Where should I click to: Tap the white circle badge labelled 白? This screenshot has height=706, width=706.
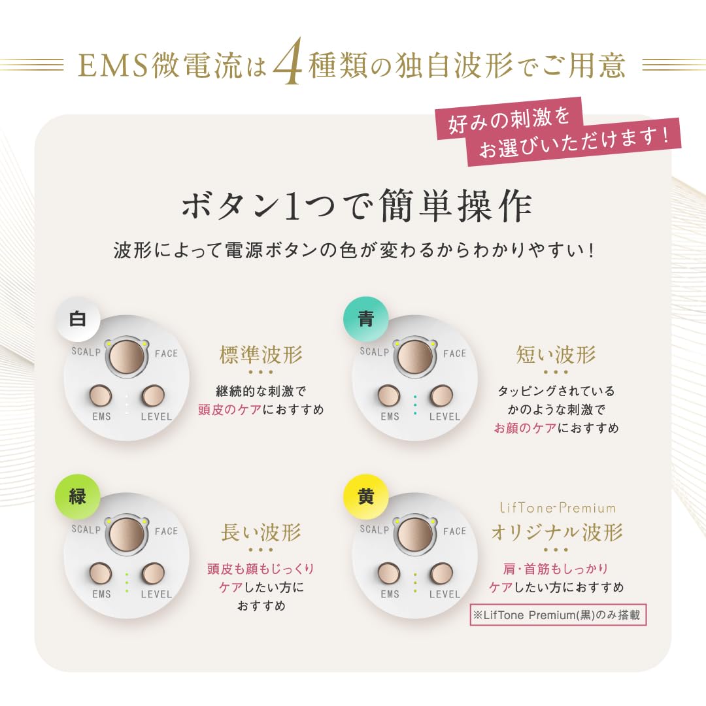click(x=78, y=319)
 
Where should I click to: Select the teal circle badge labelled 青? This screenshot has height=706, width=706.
click(x=366, y=319)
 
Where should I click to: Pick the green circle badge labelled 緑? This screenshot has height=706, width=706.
click(x=78, y=497)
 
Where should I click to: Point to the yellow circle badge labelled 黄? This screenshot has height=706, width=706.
click(x=366, y=497)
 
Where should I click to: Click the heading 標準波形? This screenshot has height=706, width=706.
click(x=261, y=355)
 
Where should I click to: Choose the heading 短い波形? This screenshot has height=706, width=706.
click(x=556, y=355)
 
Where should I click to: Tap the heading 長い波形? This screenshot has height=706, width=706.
click(x=261, y=532)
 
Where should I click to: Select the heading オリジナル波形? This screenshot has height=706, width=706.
click(x=556, y=532)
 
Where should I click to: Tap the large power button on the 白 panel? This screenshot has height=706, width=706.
click(x=126, y=356)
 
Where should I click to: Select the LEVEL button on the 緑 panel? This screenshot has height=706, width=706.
click(x=155, y=573)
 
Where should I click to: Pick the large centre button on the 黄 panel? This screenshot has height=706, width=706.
click(x=415, y=533)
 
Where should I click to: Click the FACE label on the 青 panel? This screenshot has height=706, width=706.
click(x=455, y=354)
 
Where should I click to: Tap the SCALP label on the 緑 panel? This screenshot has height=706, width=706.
click(x=86, y=529)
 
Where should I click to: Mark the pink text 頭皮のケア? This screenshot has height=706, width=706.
click(x=229, y=410)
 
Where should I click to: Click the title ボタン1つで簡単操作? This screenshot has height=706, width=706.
click(x=356, y=207)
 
